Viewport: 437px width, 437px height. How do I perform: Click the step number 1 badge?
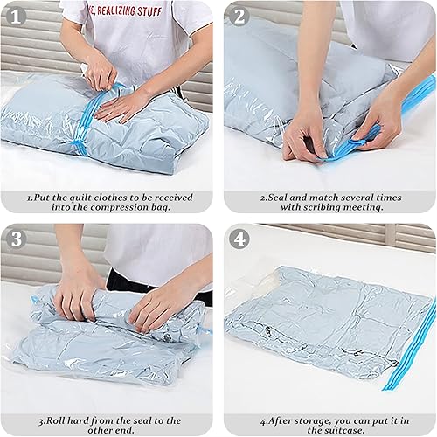click(x=16, y=15)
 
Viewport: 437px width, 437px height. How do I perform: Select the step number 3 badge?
click(x=16, y=239)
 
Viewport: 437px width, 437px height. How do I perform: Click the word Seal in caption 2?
click(x=280, y=197)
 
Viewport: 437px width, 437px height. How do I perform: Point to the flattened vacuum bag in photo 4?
click(x=323, y=323)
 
